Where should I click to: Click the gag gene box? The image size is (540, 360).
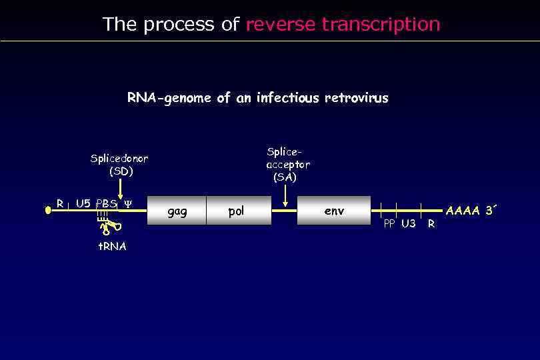click(x=177, y=211)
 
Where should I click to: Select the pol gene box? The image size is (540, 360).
click(x=236, y=211)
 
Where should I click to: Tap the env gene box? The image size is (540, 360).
click(x=333, y=211)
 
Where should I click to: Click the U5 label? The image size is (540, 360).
click(x=83, y=203)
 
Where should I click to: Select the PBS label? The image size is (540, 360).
click(x=106, y=203)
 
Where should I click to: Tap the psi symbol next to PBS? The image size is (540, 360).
click(x=128, y=203)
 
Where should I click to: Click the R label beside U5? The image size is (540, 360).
click(x=59, y=203)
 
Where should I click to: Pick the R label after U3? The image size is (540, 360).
click(x=431, y=224)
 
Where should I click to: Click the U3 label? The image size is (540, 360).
click(x=408, y=224)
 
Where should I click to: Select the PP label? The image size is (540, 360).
click(x=389, y=224)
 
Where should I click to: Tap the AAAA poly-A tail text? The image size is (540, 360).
click(x=463, y=211)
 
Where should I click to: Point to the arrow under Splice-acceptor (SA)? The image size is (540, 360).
click(x=285, y=196)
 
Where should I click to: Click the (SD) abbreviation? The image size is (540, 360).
click(x=121, y=171)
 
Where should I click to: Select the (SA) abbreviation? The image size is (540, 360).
click(x=285, y=177)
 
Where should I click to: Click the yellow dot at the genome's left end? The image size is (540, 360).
click(x=48, y=210)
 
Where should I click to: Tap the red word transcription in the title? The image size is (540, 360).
click(x=381, y=25)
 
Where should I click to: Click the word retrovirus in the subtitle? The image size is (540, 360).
click(x=356, y=98)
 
